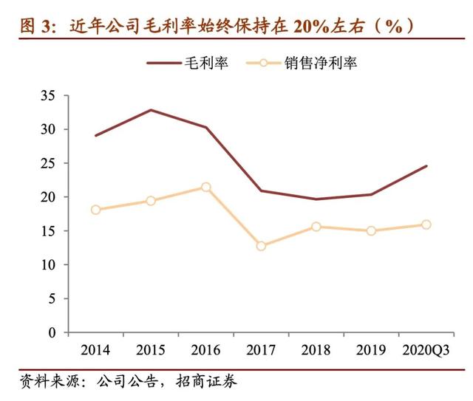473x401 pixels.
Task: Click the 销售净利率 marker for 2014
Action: [95, 210]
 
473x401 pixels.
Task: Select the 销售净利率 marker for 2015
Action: [151, 201]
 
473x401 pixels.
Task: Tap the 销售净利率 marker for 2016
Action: [206, 187]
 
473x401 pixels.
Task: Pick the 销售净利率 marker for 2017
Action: [261, 246]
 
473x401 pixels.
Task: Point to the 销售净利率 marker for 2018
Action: [316, 227]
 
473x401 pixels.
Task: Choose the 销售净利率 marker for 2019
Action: [371, 230]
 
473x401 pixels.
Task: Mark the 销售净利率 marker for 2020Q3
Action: [426, 225]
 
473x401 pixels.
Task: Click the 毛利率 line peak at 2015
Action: [151, 110]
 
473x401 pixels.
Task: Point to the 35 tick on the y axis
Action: [49, 96]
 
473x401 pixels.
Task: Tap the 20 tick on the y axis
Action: [49, 197]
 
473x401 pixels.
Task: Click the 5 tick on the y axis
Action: [52, 298]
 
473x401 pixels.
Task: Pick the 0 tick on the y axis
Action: [52, 332]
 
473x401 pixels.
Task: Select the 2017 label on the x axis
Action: [261, 349]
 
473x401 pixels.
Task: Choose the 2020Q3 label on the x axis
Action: [426, 349]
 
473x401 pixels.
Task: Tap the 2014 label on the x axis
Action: [95, 349]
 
